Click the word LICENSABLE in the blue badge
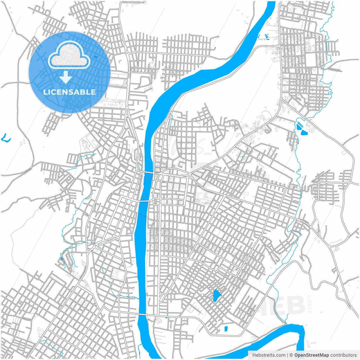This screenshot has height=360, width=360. click(69, 92)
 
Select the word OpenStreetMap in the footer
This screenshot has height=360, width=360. click(312, 355)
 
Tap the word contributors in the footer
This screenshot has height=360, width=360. click(343, 355)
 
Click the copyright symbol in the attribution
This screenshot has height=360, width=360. click(291, 355)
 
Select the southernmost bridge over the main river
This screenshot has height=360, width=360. click(146, 316)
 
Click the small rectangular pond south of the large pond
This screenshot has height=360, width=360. click(226, 328)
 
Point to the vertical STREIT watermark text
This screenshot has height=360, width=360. click(310, 304)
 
